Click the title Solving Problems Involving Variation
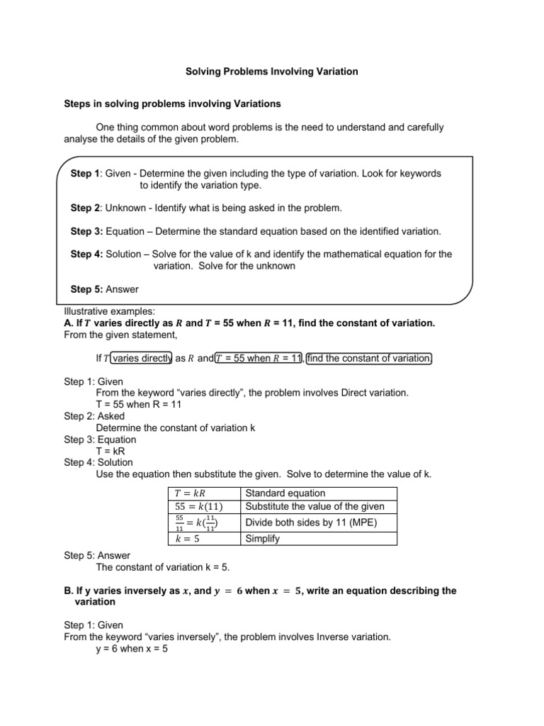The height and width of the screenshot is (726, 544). point(272,72)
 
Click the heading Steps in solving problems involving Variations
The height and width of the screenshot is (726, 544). point(172,104)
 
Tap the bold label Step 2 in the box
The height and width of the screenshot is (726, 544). point(86,208)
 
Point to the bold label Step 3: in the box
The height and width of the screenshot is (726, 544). point(87,231)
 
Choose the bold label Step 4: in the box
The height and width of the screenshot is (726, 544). point(87,254)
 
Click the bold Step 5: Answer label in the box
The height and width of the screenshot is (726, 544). point(105,289)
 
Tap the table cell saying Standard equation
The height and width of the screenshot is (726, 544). point(285,493)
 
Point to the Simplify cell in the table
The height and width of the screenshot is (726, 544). point(262,539)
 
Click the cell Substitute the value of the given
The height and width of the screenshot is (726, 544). point(314,506)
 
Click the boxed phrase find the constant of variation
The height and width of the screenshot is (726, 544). point(368,358)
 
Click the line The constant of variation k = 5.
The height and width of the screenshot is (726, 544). point(163,567)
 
